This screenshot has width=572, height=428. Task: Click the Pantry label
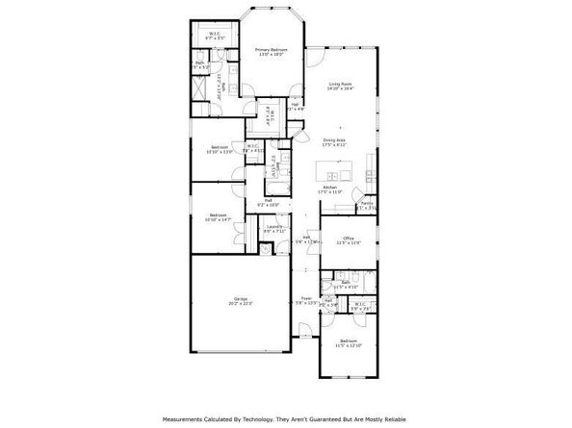click(367, 203)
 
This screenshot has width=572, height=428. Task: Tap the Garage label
click(240, 298)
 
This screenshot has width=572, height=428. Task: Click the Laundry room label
click(274, 227)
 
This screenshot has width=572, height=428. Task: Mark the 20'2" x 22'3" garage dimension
click(240, 304)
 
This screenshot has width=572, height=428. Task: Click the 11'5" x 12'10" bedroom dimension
click(348, 345)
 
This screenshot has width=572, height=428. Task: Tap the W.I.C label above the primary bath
click(216, 34)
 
